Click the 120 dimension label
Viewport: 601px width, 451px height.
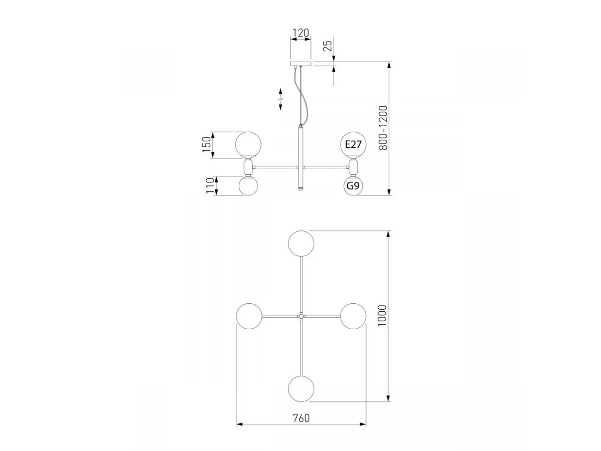point(300,33)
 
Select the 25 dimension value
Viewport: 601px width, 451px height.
point(328,46)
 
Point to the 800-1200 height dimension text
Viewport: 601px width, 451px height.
point(383,128)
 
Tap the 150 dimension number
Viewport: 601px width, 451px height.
point(207,145)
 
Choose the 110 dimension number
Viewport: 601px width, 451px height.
point(210,185)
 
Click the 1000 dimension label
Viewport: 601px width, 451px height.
point(382,316)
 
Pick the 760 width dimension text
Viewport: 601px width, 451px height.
point(301,418)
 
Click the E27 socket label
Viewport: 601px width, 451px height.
point(353,144)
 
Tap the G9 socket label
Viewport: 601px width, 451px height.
point(353,186)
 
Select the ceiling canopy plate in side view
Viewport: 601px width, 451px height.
point(301,64)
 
